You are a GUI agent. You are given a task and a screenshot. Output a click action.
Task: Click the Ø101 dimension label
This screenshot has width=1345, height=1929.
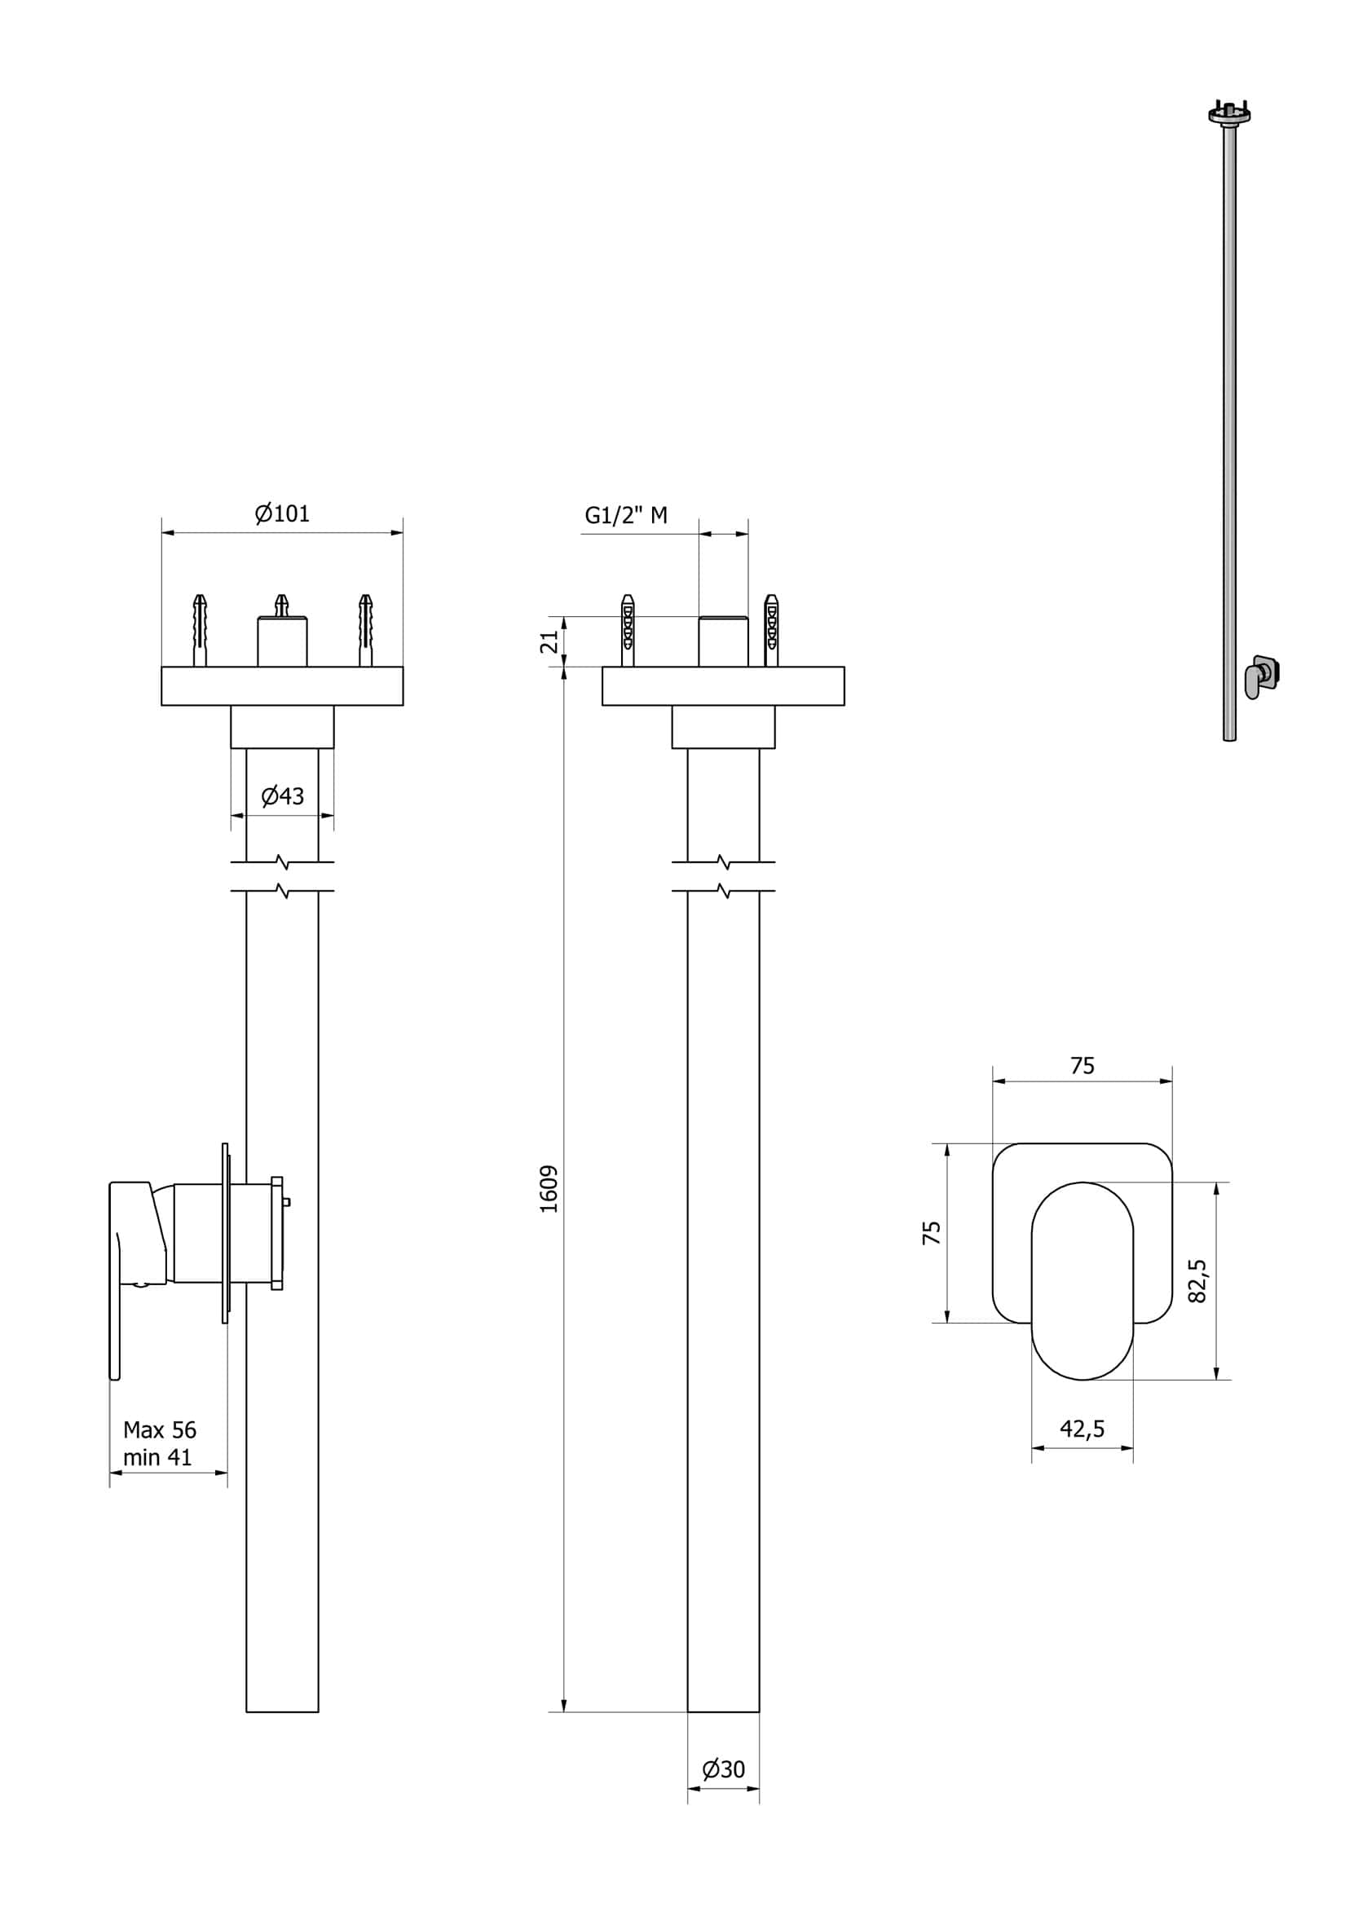282,513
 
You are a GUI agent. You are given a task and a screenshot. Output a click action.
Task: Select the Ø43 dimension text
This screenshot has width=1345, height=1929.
282,795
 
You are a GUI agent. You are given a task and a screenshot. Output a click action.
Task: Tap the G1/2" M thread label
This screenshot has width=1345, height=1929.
626,516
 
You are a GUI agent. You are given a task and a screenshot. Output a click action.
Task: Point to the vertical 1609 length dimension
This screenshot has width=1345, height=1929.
549,1188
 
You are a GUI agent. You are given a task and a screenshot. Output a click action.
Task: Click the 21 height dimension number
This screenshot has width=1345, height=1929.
549,641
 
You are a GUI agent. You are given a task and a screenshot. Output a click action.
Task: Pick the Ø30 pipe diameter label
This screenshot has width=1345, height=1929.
723,1769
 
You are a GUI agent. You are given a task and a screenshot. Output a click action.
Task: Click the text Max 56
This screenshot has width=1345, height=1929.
160,1429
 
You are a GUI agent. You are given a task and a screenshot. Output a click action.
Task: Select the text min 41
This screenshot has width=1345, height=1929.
157,1458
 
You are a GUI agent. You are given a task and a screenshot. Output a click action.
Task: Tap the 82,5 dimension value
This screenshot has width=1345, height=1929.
1197,1280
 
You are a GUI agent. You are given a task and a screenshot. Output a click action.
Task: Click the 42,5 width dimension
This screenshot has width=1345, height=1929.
1082,1429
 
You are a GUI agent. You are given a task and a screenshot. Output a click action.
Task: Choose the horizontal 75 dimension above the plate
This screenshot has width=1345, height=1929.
1082,1065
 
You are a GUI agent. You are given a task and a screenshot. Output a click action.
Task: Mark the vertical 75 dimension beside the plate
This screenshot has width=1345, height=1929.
932,1232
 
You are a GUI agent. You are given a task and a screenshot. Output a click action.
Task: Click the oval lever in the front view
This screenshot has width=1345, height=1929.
1082,1280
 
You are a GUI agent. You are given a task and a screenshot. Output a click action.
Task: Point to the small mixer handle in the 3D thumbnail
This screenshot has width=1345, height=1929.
1254,678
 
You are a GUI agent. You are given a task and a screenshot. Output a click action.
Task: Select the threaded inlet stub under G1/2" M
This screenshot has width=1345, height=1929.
723,642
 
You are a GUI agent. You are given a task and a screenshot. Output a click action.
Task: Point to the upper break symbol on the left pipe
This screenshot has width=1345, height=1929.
282,862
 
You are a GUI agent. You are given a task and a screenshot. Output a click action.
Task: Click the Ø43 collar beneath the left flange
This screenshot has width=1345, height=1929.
282,727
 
